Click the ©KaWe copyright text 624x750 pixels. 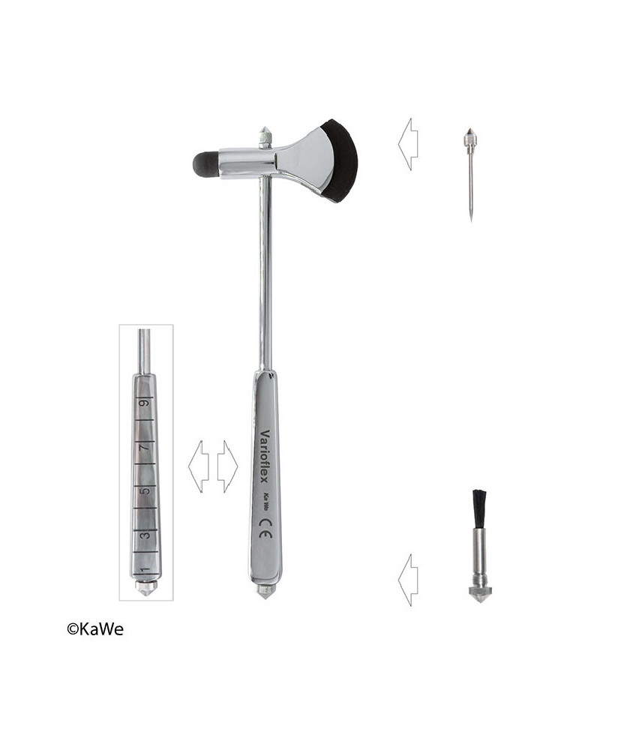(x=95, y=629)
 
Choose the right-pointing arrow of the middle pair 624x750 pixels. (x=227, y=466)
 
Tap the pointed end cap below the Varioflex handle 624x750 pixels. (x=264, y=591)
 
